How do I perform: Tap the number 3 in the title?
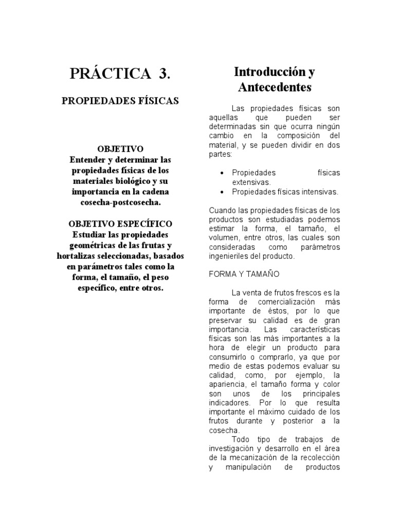(164, 73)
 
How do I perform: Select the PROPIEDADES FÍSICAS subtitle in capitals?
(120, 101)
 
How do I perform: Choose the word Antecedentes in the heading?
(275, 87)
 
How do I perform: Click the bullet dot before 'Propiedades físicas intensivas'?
(221, 192)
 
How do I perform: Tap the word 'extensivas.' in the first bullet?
(251, 182)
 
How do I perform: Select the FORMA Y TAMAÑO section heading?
(244, 274)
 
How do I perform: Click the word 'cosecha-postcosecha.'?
(120, 202)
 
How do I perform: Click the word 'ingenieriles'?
(232, 256)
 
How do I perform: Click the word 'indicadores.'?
(230, 403)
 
